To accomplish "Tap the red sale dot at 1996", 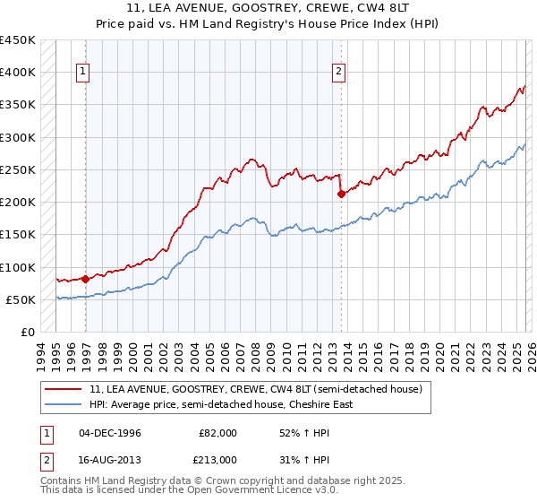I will [x=86, y=279].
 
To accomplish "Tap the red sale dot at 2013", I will [x=341, y=194].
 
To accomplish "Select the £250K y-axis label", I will [x=17, y=169].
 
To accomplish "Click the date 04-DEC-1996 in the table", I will [x=109, y=433].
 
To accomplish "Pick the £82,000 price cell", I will [x=217, y=433].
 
